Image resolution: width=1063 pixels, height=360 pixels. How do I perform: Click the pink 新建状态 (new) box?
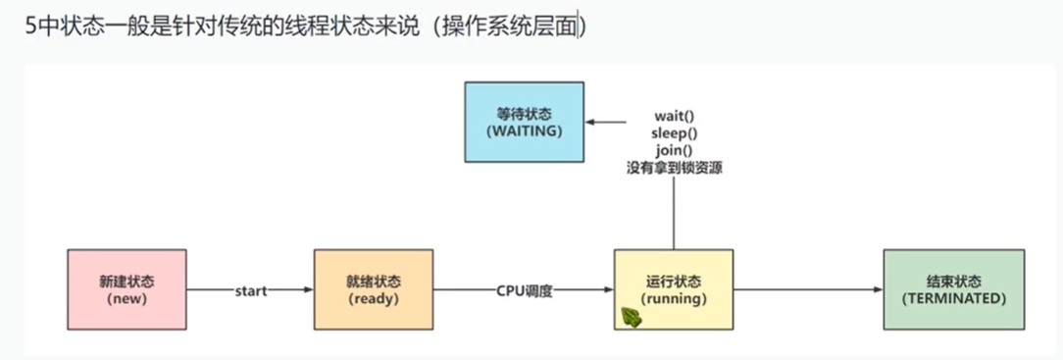(127, 289)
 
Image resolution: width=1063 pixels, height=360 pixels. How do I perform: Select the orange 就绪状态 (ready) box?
(373, 289)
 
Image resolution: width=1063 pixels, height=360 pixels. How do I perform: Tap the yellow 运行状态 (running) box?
(673, 289)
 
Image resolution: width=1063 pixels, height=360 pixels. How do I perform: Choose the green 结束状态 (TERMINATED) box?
(953, 289)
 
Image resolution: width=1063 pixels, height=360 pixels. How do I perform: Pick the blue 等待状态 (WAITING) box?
(525, 122)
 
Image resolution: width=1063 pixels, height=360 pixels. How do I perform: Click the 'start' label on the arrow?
(251, 290)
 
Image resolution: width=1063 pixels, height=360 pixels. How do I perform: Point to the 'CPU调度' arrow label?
(525, 290)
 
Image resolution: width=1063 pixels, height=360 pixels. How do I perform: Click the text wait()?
(674, 116)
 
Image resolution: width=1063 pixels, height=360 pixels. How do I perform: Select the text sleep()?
(674, 133)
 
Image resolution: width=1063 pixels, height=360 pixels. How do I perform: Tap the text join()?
(674, 150)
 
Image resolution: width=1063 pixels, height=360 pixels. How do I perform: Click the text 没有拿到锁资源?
(674, 168)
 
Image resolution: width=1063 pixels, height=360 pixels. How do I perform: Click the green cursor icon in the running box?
(633, 317)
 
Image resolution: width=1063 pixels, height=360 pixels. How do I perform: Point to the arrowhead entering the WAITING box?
(592, 124)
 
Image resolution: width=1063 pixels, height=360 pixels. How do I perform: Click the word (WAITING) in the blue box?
(525, 130)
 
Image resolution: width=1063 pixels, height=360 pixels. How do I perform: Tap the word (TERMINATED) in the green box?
(953, 298)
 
